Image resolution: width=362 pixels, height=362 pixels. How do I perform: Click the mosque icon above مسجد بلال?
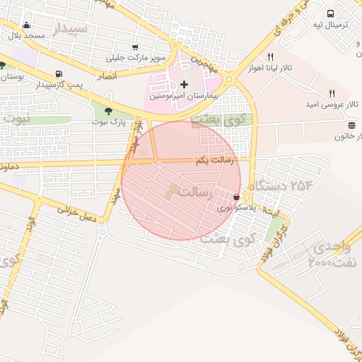click(x=26, y=24)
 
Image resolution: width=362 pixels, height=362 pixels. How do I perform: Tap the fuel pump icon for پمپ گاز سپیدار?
click(x=58, y=74)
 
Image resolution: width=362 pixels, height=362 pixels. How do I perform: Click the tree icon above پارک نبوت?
click(x=108, y=111)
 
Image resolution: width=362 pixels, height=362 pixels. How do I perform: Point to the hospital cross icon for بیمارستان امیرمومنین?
click(x=185, y=84)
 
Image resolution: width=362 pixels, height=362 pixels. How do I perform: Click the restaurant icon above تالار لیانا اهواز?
click(x=270, y=57)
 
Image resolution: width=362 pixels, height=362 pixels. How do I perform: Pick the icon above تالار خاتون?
click(x=351, y=125)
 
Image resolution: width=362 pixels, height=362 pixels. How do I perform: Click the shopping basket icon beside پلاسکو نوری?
click(x=236, y=197)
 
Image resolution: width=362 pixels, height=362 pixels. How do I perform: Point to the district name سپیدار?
click(x=70, y=28)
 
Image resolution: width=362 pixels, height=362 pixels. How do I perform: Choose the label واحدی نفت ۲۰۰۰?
click(x=333, y=255)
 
